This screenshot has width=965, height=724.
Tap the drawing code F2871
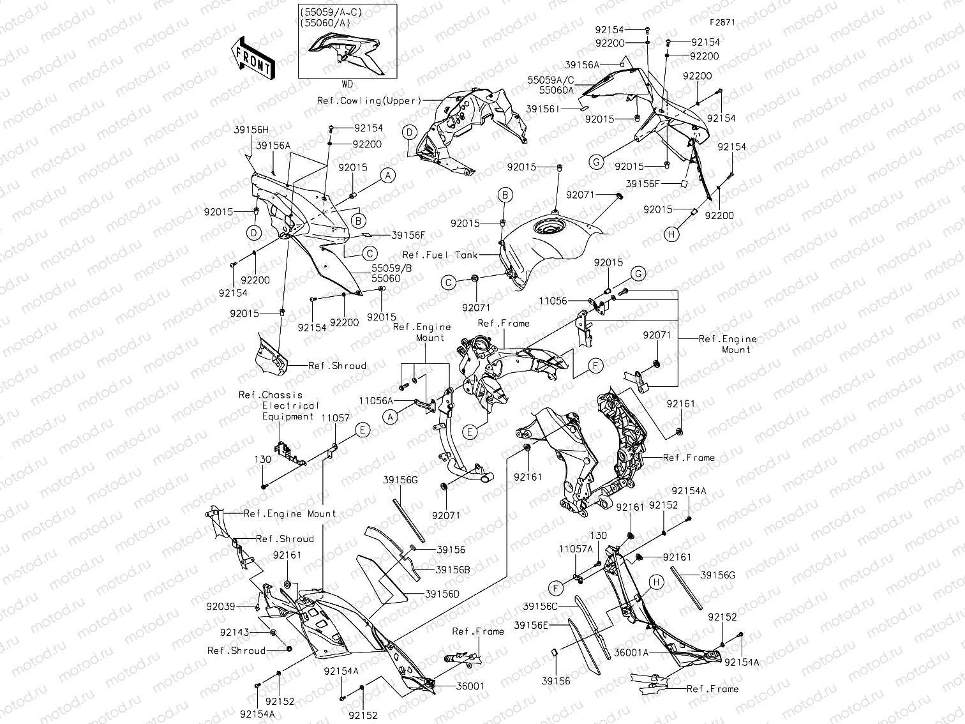click(x=722, y=22)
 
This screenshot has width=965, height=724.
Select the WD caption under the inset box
click(x=347, y=84)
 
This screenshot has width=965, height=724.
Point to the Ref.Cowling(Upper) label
click(x=370, y=101)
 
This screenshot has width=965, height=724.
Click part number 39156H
click(x=251, y=129)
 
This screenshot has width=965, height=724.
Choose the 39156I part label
click(x=542, y=109)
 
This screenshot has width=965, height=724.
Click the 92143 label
click(x=235, y=632)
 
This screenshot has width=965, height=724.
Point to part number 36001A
click(x=631, y=652)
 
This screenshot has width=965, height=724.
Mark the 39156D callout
click(x=442, y=594)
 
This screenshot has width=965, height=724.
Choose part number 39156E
click(x=531, y=625)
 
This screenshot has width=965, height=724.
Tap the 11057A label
click(x=576, y=549)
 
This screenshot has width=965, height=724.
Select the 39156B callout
click(x=453, y=569)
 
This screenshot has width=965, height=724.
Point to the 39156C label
click(x=540, y=606)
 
